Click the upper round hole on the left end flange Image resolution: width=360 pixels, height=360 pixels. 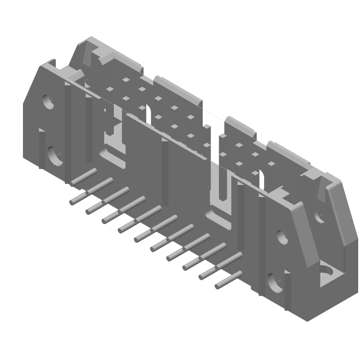click(48, 102)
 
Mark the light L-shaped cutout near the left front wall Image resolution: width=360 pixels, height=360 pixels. click(115, 135)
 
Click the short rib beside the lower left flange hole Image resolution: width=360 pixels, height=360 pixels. click(41, 148)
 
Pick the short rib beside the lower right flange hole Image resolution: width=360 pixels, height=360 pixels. click(287, 288)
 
